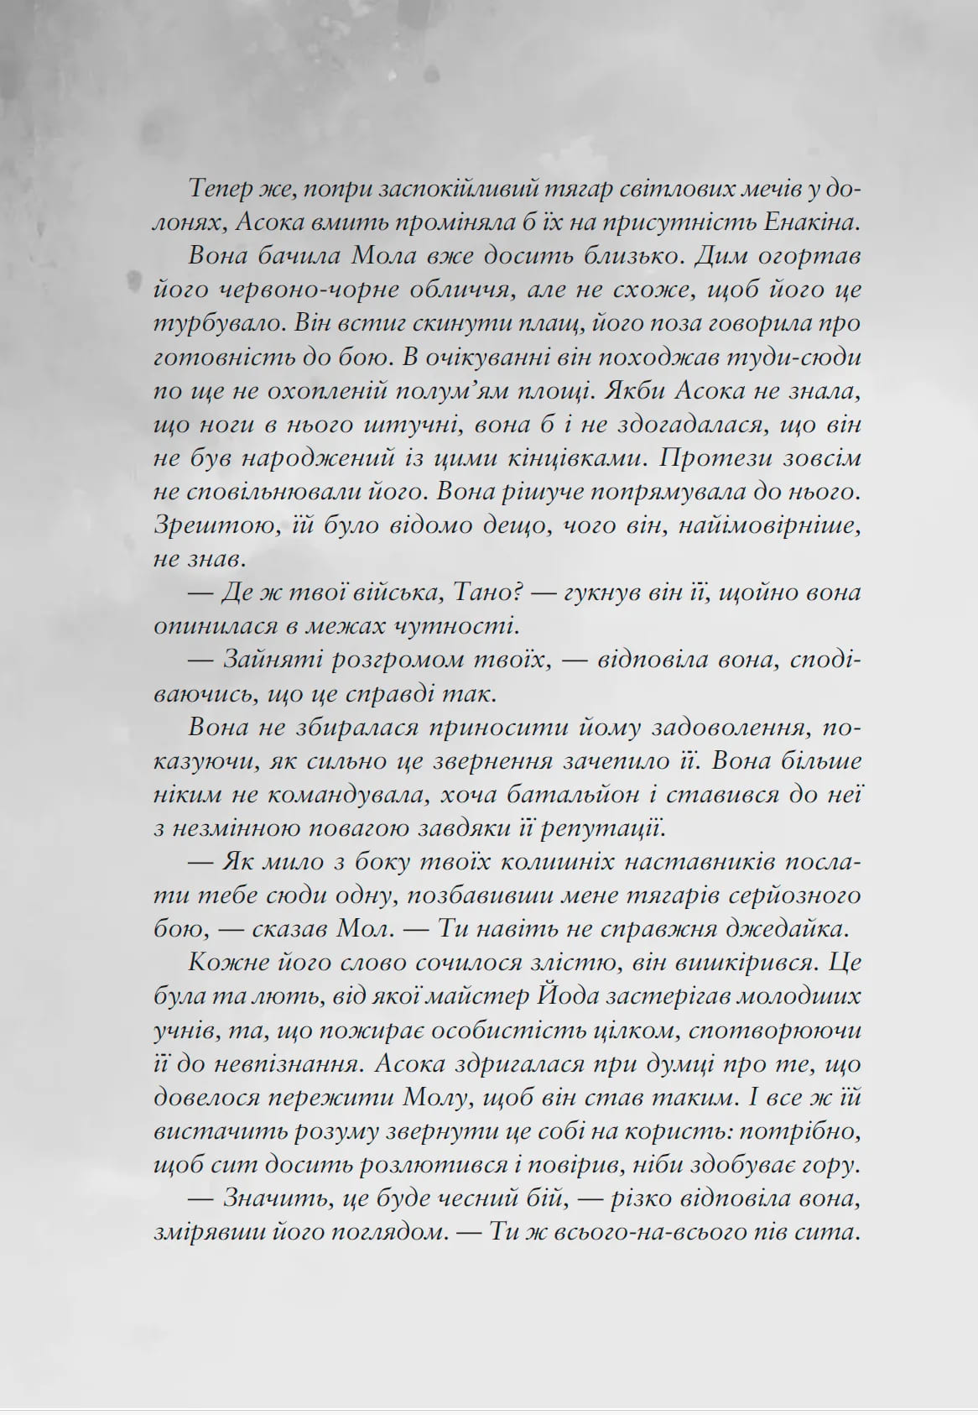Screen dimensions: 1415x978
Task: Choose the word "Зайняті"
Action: click(269, 660)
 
